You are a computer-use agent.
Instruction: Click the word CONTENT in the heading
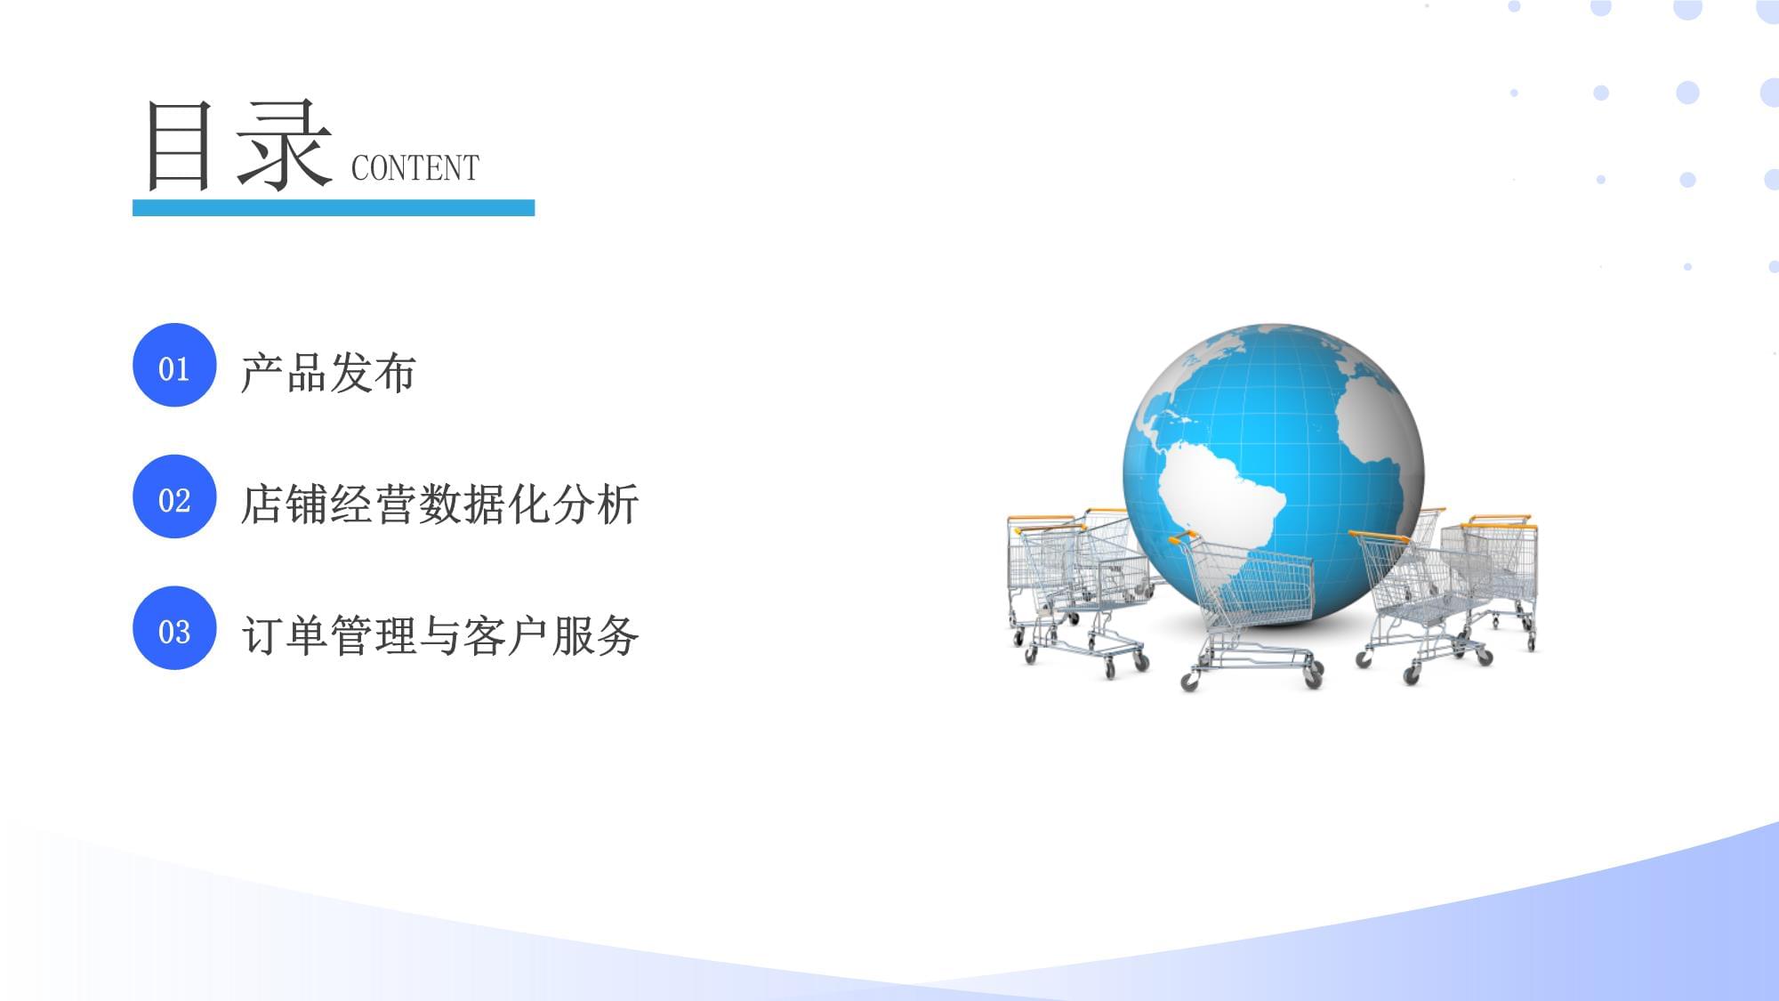[415, 167]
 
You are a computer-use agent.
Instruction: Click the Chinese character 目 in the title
[180, 146]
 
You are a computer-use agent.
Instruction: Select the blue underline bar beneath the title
[334, 208]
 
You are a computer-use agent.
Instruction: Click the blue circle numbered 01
[174, 366]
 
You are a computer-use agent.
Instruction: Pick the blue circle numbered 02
[174, 497]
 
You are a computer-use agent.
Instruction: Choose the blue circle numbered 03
[174, 629]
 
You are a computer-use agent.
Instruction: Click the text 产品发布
[328, 373]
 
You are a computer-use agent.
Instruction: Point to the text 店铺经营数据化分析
[439, 505]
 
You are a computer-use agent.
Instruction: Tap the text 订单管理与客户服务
[439, 636]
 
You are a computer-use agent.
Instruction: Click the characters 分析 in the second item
[595, 505]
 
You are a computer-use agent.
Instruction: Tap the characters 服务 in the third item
[595, 636]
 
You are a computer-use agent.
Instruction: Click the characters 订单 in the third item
[285, 636]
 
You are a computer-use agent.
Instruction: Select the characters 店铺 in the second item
[285, 505]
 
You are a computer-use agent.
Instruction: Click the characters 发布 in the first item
[373, 373]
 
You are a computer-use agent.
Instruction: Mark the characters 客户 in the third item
[506, 636]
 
